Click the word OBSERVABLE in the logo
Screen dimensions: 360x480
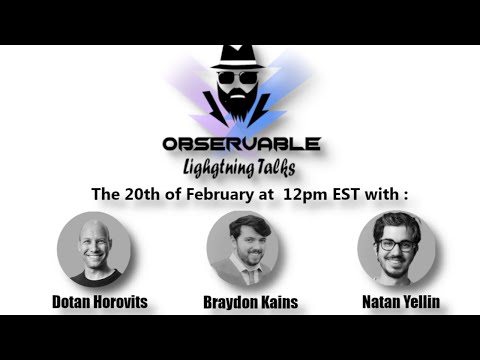[x=242, y=143]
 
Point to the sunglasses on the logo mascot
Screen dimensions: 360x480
[x=238, y=77]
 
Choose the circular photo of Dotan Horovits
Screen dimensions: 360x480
[x=95, y=249]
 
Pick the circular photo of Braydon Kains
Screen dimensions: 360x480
[x=243, y=249]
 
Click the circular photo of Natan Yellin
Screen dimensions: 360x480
[x=396, y=249]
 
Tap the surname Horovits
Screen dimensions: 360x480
[x=122, y=300]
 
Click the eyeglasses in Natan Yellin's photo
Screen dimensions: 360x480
[x=397, y=245]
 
